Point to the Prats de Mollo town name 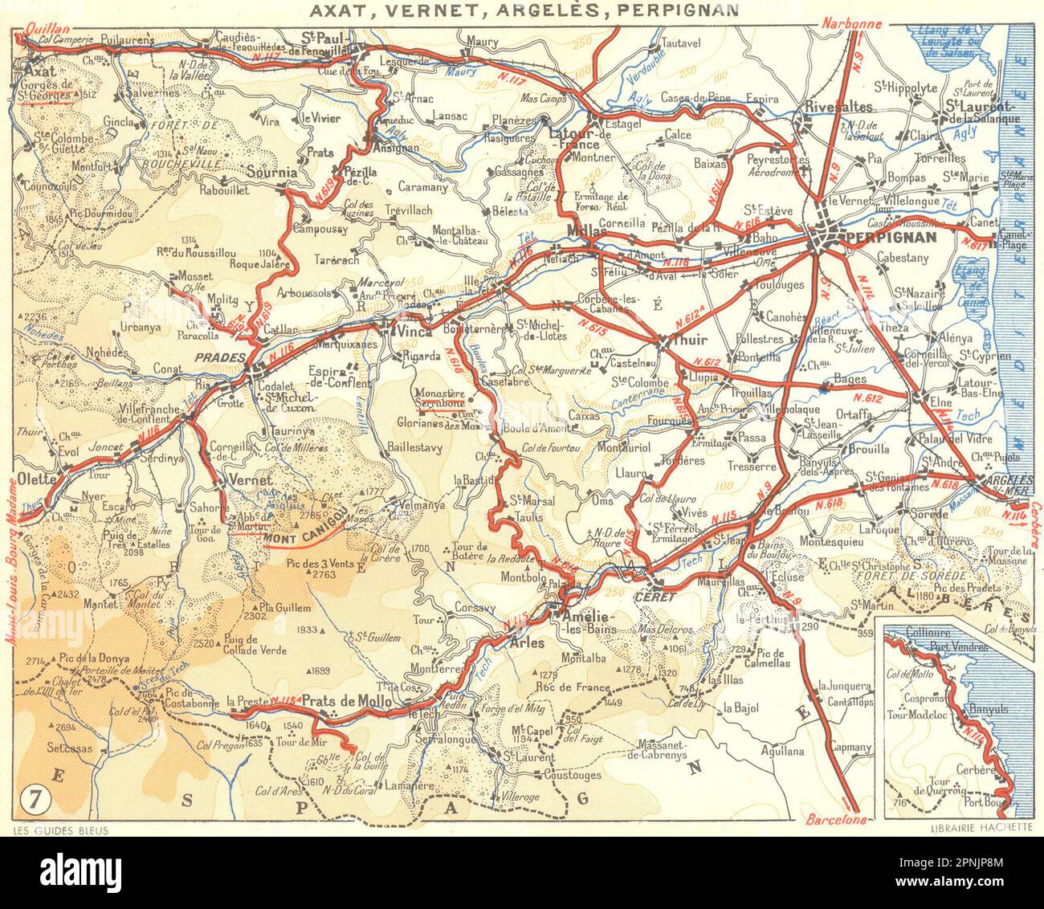(347, 701)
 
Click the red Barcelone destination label (835, 820)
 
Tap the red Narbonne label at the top (850, 24)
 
